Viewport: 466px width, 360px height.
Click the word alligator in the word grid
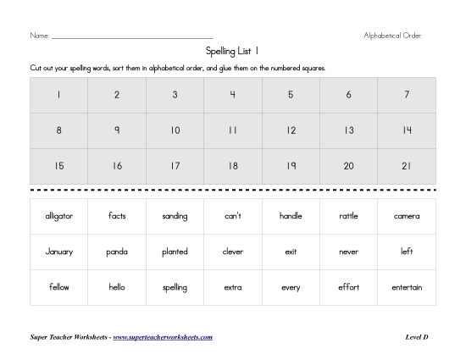point(59,216)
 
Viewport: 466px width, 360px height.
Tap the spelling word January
point(59,252)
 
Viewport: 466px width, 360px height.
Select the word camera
point(407,216)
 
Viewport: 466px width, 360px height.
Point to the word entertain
point(407,287)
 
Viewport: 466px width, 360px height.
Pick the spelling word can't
point(233,216)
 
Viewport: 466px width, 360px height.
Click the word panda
point(117,252)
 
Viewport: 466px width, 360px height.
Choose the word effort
point(348,287)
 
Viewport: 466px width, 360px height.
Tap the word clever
point(233,252)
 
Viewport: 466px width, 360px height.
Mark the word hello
point(117,287)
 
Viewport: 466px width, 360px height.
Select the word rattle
point(348,216)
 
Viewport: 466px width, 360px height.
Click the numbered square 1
point(59,95)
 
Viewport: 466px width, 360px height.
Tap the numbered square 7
point(407,95)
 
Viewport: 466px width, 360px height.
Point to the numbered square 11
point(233,130)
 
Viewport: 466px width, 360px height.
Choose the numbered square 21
point(407,166)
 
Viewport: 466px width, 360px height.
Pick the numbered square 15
point(59,166)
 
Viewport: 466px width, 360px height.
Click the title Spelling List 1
point(233,52)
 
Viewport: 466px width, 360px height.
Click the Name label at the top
point(39,36)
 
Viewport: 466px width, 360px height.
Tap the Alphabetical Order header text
point(392,36)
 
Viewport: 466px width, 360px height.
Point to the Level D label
point(417,337)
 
